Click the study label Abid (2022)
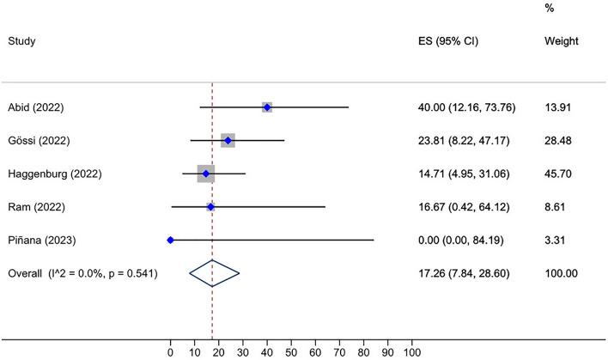[x=36, y=107]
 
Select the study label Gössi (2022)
[x=38, y=141]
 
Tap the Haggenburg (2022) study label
[x=54, y=174]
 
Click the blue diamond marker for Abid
[x=267, y=107]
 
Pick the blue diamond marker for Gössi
[x=228, y=141]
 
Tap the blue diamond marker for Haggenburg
[x=206, y=174]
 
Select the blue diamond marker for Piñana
[x=170, y=240]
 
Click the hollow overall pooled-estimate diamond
[x=213, y=273]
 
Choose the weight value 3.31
[x=556, y=240]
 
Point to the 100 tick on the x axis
[x=412, y=351]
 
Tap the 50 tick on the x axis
[x=291, y=351]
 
